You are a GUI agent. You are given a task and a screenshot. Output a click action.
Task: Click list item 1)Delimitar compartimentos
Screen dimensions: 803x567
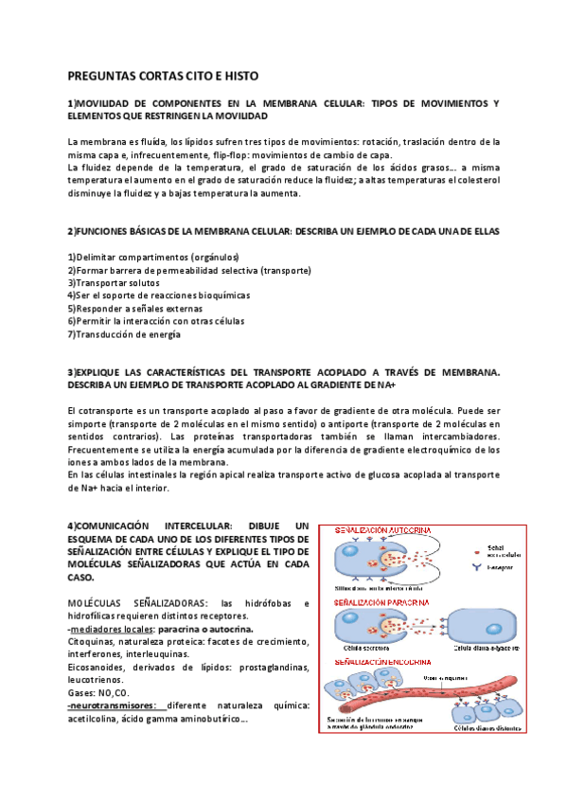(x=153, y=258)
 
